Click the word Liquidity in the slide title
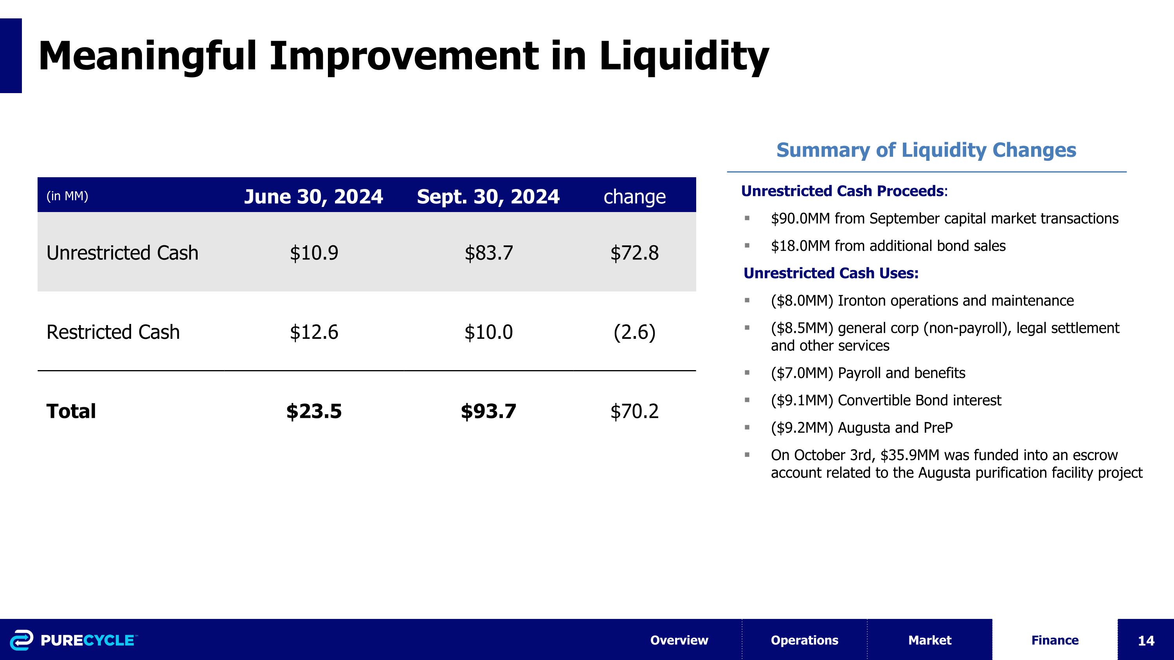pos(683,57)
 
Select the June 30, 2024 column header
pos(313,196)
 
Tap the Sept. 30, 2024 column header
pos(488,196)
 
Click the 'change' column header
pos(634,197)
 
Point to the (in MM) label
pos(67,196)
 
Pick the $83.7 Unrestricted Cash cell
pos(488,253)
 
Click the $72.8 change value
pos(634,253)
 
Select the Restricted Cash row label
pos(113,332)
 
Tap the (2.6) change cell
pos(634,332)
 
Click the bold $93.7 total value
pos(488,411)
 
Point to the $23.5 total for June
pos(313,411)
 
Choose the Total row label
pos(71,411)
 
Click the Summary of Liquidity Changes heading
pos(926,150)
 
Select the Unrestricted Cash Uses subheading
pos(831,273)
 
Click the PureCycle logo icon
pos(22,640)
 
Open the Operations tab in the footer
pos(805,640)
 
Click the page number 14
pos(1146,641)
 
